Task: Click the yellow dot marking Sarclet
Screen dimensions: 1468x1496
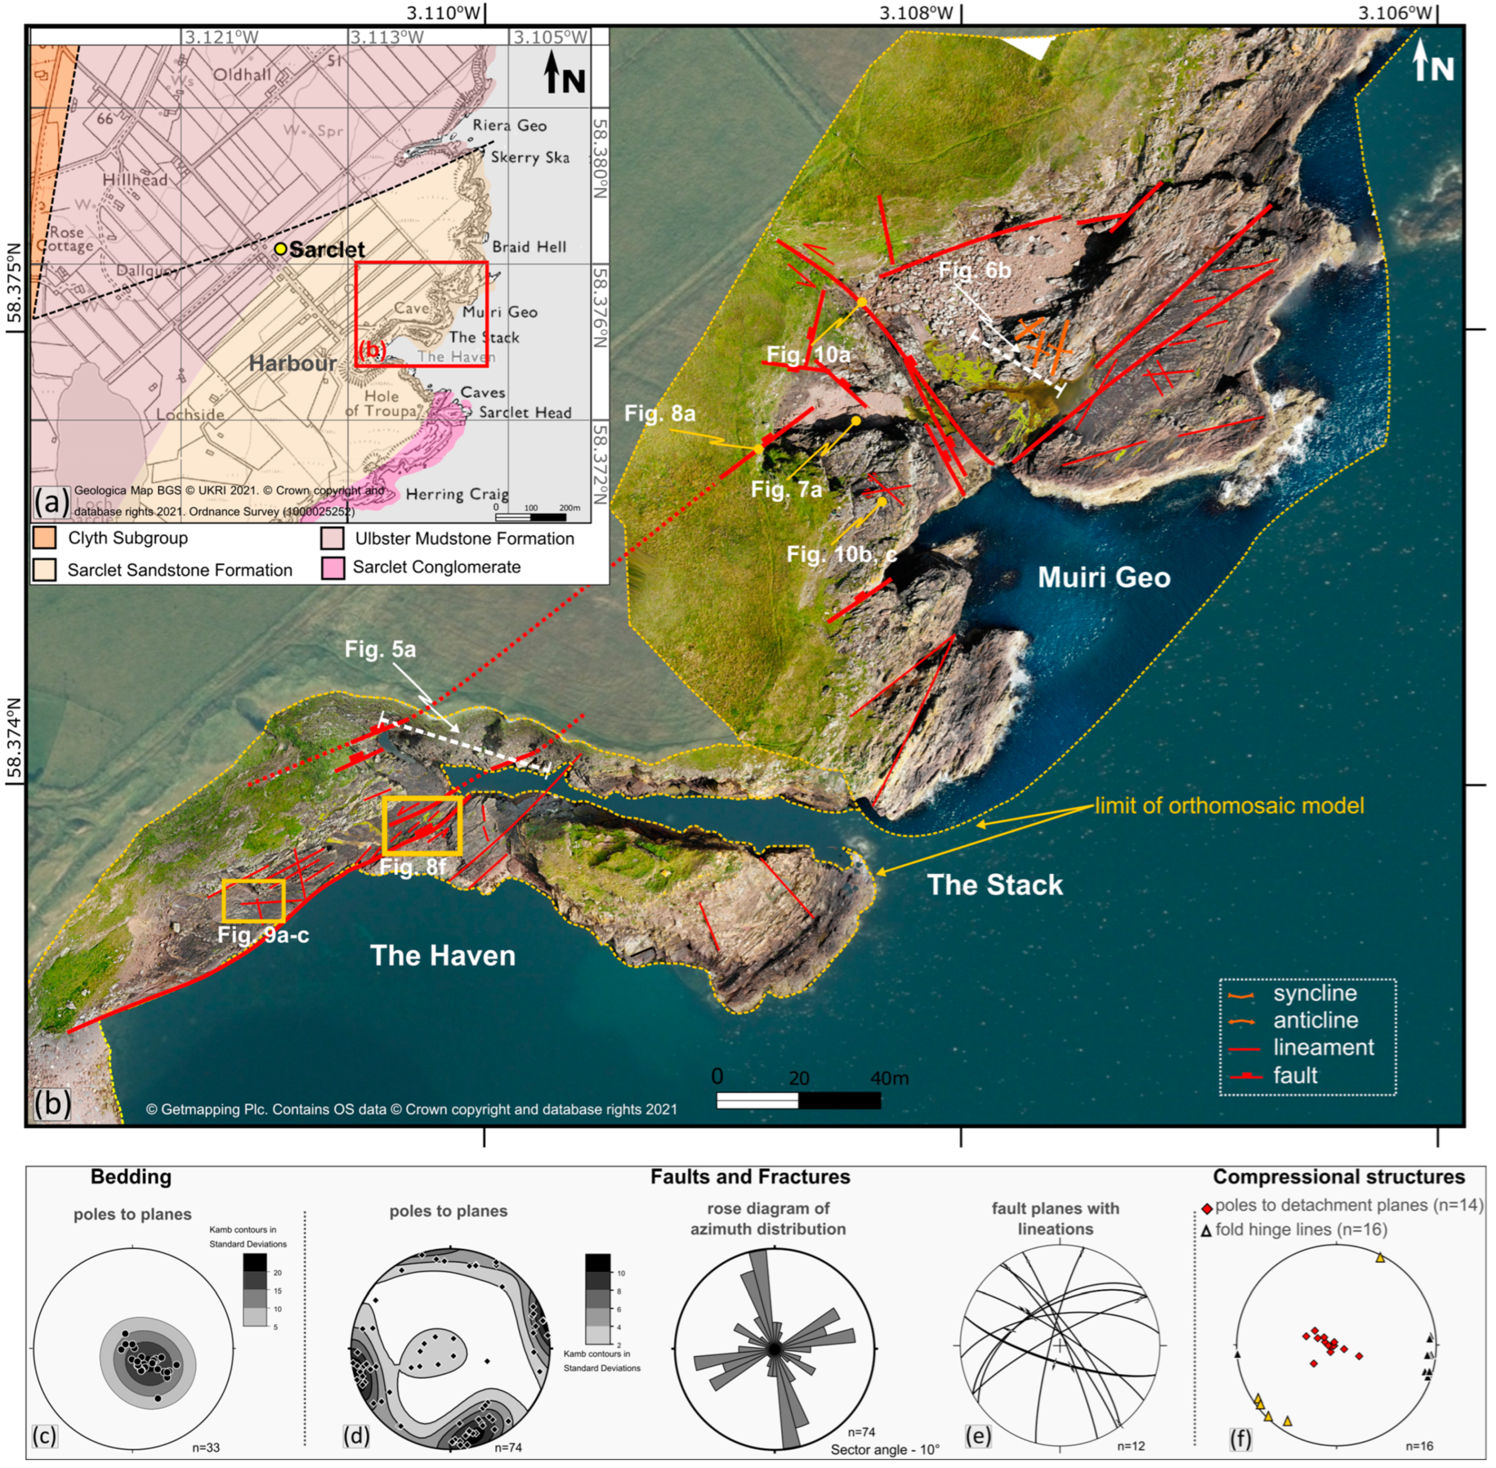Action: click(281, 249)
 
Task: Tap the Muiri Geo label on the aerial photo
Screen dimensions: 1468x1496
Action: click(1103, 577)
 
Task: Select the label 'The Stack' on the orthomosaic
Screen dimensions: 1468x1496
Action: click(994, 884)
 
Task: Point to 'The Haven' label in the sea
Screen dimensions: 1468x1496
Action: click(443, 955)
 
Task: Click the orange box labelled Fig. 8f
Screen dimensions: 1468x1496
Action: click(422, 826)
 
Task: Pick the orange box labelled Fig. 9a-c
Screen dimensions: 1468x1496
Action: click(253, 900)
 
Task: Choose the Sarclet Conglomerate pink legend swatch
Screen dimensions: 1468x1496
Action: click(333, 568)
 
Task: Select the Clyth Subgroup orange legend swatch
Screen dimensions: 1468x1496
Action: click(45, 537)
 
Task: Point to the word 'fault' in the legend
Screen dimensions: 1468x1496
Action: click(1295, 1075)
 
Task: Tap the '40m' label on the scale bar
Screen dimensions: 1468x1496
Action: click(889, 1078)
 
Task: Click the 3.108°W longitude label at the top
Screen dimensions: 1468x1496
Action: click(917, 13)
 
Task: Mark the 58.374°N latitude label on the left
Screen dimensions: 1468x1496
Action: click(13, 740)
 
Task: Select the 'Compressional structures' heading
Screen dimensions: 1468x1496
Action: click(1339, 1176)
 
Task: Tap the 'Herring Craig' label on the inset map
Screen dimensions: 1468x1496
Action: click(457, 494)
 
